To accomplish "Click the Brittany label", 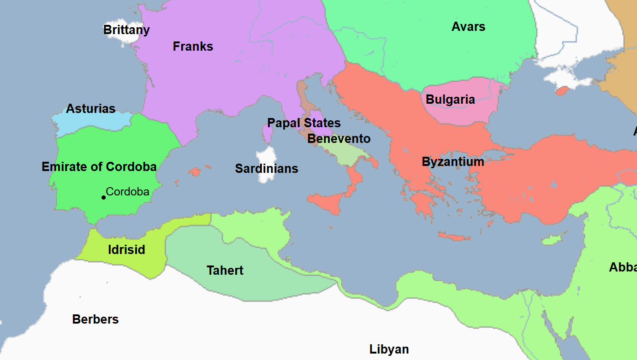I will (126, 30).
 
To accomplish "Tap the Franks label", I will (193, 47).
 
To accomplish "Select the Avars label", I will (468, 27).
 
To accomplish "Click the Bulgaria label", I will (450, 100).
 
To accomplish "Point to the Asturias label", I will (90, 109).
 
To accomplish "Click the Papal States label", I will (304, 123).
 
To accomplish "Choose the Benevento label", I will (339, 139).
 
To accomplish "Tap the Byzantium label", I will (453, 162).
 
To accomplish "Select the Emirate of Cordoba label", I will (99, 167).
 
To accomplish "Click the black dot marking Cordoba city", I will (104, 197).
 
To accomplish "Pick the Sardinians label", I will (267, 169).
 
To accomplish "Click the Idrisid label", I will (126, 250).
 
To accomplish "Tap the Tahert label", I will (225, 271).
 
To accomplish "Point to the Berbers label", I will (95, 319).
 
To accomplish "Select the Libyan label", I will (389, 349).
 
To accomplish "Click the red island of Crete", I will (454, 237).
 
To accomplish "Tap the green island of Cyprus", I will (550, 240).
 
